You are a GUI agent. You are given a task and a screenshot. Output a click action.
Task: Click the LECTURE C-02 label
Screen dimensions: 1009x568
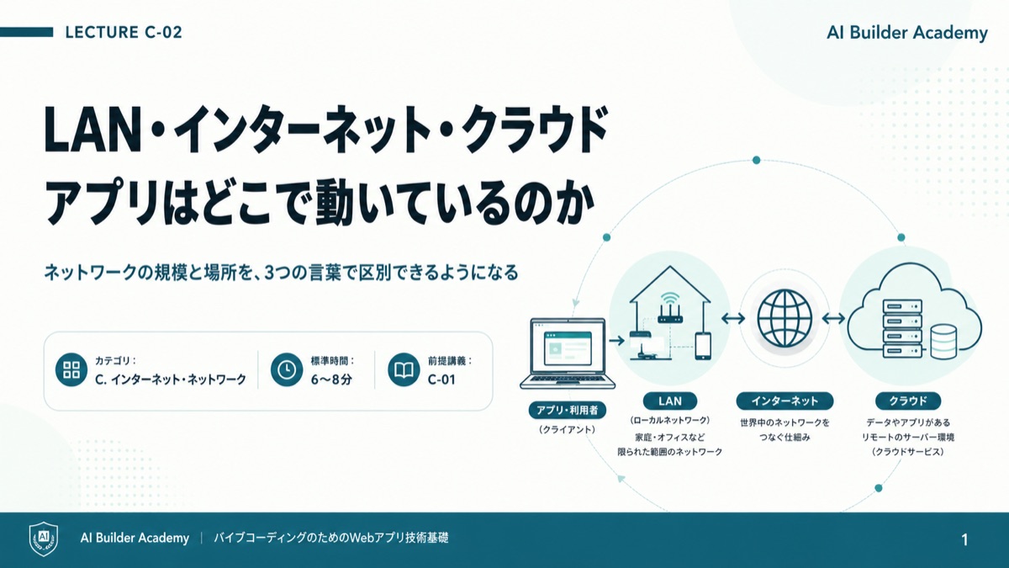click(x=124, y=33)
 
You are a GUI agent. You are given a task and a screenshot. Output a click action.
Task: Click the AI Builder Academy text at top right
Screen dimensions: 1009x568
click(x=907, y=33)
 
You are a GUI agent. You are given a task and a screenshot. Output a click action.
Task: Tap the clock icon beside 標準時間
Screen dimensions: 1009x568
click(x=287, y=369)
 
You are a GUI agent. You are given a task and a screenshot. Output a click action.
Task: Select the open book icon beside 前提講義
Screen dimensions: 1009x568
click(x=404, y=369)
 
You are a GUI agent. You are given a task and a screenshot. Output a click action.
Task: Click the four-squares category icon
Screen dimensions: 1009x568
click(x=71, y=369)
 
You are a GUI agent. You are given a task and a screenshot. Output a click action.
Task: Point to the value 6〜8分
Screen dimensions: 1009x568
click(x=331, y=380)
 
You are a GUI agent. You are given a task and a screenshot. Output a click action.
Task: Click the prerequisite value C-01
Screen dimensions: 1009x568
click(x=441, y=380)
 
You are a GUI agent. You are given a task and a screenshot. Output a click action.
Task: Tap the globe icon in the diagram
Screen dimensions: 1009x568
click(x=784, y=318)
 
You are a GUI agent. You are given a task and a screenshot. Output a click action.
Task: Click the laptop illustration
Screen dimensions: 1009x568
click(x=568, y=354)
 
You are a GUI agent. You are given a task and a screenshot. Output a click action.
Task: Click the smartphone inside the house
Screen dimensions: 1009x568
click(x=703, y=346)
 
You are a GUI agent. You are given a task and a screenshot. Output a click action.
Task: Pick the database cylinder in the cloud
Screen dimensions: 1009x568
click(x=943, y=342)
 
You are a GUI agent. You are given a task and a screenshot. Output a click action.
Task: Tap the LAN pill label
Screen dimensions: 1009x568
click(x=670, y=401)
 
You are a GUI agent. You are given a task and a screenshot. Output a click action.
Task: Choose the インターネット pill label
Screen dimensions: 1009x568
click(x=784, y=401)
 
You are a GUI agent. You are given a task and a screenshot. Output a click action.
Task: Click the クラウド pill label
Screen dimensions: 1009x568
click(x=908, y=401)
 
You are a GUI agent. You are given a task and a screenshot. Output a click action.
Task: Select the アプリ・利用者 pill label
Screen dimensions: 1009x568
click(x=567, y=411)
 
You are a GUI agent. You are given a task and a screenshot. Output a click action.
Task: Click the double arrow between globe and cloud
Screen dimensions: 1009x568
click(x=833, y=319)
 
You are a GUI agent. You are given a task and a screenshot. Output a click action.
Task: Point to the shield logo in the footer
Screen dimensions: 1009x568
click(x=44, y=539)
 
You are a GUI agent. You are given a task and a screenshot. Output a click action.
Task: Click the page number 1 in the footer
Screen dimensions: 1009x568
click(x=964, y=539)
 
